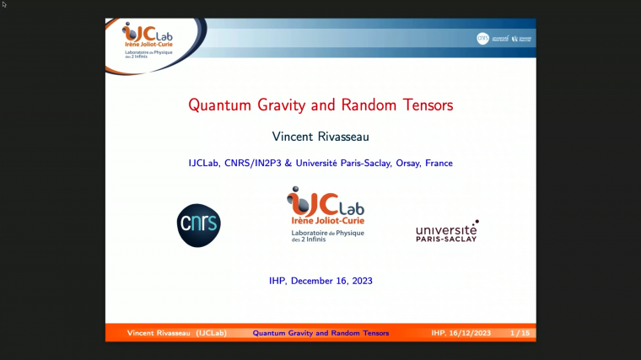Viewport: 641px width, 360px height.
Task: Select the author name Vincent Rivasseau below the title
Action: coord(320,136)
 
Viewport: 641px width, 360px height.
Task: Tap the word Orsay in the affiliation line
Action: coord(409,163)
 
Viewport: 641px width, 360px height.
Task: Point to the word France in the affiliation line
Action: coord(439,163)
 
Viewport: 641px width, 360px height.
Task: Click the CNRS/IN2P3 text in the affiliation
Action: coord(251,163)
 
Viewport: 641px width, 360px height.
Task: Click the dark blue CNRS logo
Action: coord(198,223)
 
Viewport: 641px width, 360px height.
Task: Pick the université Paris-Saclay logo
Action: coord(446,231)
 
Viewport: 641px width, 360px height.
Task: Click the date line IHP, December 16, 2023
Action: coord(320,281)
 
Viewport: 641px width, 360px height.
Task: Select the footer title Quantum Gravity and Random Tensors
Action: coord(320,333)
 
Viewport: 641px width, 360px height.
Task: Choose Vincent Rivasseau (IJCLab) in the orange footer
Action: coord(176,333)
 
